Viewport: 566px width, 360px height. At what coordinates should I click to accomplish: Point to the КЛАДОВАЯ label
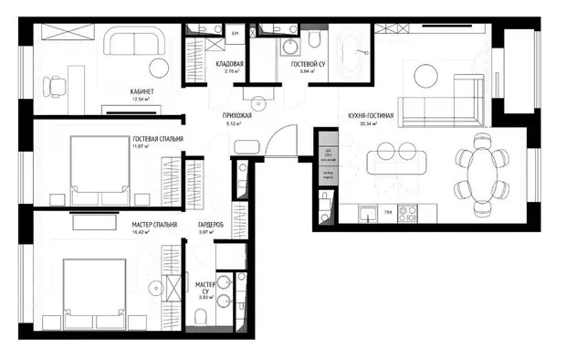[229, 63]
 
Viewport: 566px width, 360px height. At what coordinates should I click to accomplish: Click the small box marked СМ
[235, 33]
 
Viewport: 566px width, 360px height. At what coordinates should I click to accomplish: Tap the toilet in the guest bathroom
[313, 40]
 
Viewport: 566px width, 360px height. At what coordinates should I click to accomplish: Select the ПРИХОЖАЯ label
[236, 116]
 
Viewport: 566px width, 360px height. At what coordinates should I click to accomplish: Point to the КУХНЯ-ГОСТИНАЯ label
[371, 116]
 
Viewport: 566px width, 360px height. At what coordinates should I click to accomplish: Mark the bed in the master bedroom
[94, 290]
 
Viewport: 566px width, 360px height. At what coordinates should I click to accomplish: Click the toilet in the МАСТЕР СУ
[200, 315]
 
